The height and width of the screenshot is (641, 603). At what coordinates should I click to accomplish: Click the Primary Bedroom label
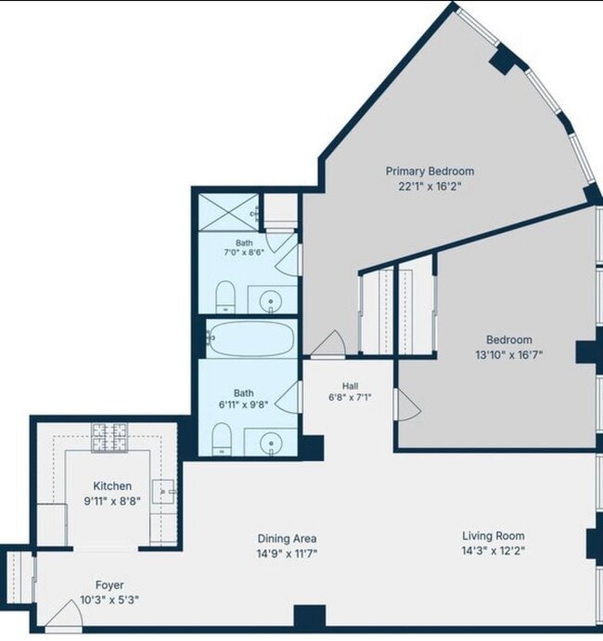click(x=430, y=171)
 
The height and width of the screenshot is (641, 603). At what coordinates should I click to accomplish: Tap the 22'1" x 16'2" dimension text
click(x=430, y=186)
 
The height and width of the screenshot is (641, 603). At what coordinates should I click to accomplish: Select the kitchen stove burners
click(x=109, y=438)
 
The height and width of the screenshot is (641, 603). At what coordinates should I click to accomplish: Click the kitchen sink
click(x=163, y=492)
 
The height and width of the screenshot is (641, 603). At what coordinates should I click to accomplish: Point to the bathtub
click(x=250, y=339)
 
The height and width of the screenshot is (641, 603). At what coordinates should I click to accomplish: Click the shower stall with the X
click(x=228, y=212)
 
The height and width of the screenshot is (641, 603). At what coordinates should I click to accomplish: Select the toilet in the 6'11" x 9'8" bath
click(x=222, y=439)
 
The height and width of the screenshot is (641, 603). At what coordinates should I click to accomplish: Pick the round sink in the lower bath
click(x=271, y=443)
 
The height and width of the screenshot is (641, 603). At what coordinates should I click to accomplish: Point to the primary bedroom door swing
click(x=328, y=344)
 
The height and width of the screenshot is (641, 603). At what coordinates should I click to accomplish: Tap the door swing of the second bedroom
click(x=407, y=404)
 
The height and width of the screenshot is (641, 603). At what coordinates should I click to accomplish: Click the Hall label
click(x=351, y=386)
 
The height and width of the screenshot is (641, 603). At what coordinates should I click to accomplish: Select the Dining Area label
click(x=287, y=538)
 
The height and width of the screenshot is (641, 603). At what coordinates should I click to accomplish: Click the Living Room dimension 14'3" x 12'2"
click(x=494, y=551)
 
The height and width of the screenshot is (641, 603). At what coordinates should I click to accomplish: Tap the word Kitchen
click(x=112, y=486)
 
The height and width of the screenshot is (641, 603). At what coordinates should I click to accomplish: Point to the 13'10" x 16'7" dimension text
click(x=509, y=354)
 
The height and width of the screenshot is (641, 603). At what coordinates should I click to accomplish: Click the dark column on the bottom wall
click(x=310, y=616)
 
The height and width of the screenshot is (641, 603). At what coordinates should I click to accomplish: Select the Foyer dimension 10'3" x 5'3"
click(x=109, y=599)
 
